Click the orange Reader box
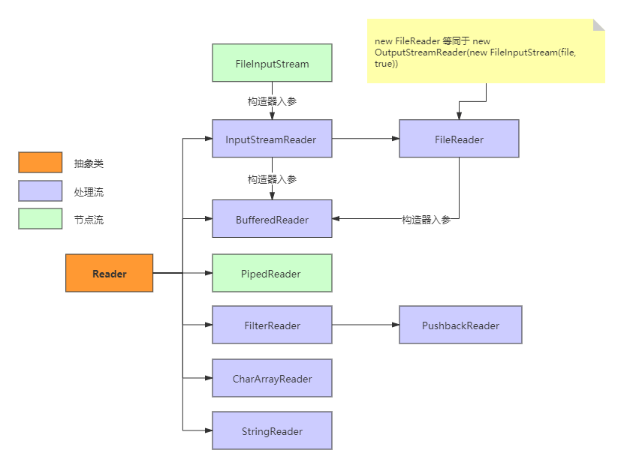point(109,273)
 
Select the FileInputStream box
point(273,63)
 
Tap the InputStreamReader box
point(273,138)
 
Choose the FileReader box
point(460,138)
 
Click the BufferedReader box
point(273,219)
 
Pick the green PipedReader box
point(273,273)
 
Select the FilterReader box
point(273,325)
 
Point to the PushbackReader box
point(461,325)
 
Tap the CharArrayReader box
point(273,378)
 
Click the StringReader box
point(273,430)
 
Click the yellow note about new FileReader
point(486,51)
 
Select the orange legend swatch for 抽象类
point(41,162)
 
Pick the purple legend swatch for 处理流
point(41,190)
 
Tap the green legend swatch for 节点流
point(41,219)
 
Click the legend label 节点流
point(89,220)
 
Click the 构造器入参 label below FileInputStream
point(273,101)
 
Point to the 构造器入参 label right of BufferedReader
point(427,220)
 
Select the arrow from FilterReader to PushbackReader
point(366,325)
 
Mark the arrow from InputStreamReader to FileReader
point(366,138)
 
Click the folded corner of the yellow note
point(598,25)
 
